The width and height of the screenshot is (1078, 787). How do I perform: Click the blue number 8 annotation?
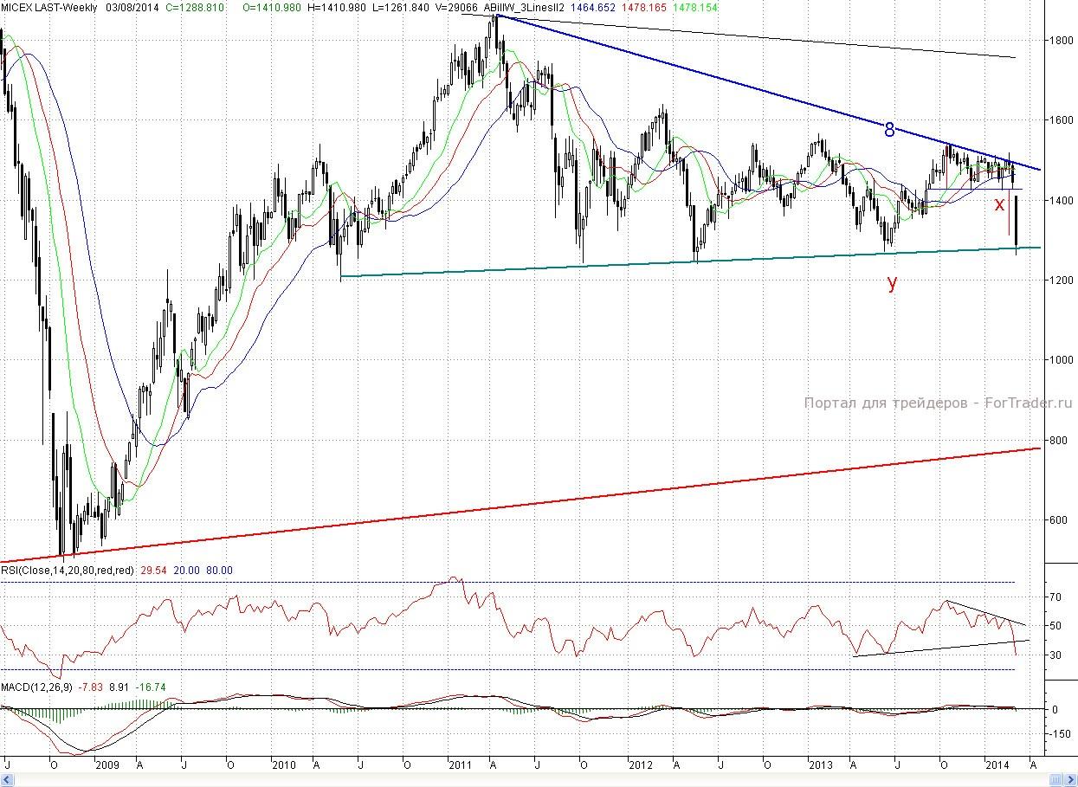tap(889, 130)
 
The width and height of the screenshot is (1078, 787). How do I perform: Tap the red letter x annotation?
tap(999, 205)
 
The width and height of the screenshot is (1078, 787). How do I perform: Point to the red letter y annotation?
tap(892, 283)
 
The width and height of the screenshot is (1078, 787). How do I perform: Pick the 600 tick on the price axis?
tap(1055, 520)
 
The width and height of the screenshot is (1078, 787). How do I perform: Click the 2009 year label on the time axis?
tap(107, 765)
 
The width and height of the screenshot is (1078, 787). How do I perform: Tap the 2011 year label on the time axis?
tap(460, 765)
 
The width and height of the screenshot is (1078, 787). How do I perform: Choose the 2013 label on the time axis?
tap(820, 765)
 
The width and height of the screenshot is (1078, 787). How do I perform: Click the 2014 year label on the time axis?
tap(998, 765)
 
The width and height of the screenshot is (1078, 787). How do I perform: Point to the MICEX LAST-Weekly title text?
tap(48, 8)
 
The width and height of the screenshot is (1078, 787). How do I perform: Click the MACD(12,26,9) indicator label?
tap(37, 687)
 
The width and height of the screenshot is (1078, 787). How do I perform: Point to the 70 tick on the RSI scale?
tap(1055, 597)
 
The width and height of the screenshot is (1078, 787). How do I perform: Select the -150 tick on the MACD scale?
tap(1058, 733)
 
